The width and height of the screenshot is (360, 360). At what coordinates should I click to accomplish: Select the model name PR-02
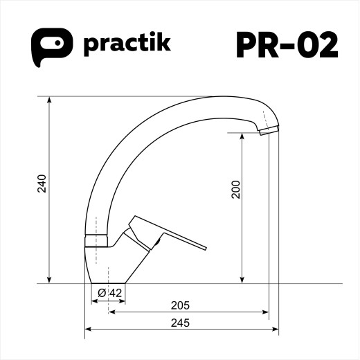click(287, 45)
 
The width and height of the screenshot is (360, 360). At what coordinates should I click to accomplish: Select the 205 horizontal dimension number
click(179, 305)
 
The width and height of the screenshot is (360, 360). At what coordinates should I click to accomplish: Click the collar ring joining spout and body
click(97, 240)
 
